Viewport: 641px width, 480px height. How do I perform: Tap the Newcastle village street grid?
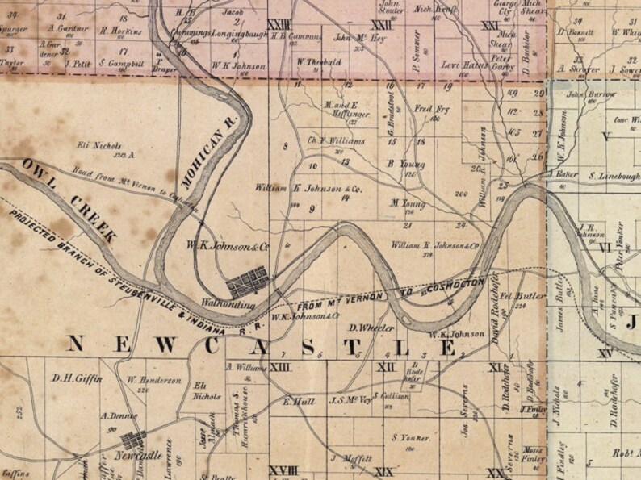click(134, 440)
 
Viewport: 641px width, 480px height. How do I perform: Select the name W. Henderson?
click(153, 380)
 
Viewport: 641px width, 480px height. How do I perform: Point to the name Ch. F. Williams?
click(337, 140)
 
